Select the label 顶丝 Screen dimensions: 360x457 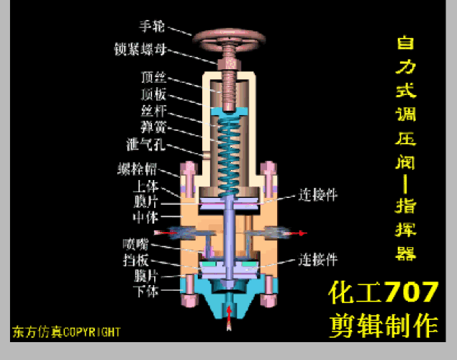coord(153,76)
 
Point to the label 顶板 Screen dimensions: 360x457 coord(153,94)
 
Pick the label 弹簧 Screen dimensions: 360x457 coord(153,128)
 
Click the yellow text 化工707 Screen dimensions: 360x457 coord(383,292)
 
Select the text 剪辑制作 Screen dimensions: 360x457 coord(383,326)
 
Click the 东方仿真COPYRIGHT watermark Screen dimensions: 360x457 coord(65,332)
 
